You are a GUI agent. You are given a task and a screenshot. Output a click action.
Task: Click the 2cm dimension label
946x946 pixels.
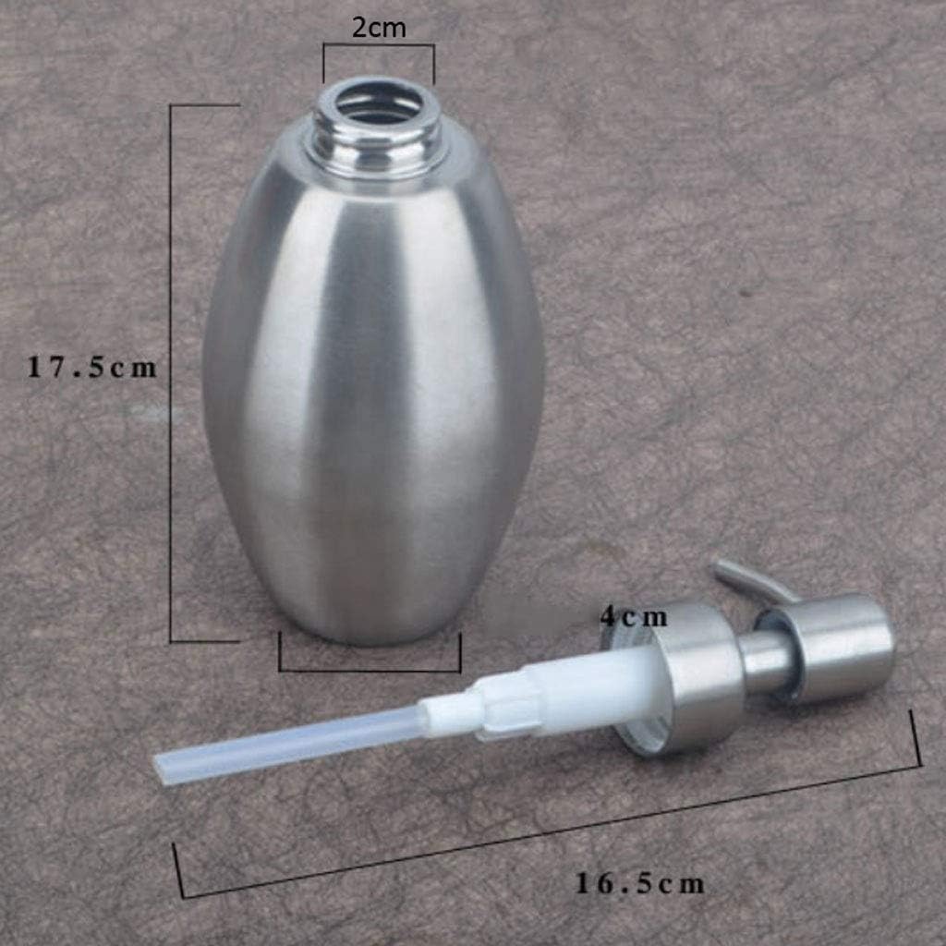[x=378, y=28]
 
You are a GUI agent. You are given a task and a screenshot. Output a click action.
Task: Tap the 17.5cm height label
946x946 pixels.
[x=91, y=368]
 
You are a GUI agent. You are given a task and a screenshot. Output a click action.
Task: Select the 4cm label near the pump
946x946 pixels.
[x=633, y=615]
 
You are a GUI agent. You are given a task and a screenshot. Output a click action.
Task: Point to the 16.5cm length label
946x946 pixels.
[x=640, y=883]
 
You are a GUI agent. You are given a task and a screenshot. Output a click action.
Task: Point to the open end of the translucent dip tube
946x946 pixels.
[x=166, y=770]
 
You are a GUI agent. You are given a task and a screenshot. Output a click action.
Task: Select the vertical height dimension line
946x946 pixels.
[x=171, y=370]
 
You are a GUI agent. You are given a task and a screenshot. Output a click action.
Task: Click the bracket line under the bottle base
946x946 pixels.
[x=370, y=671]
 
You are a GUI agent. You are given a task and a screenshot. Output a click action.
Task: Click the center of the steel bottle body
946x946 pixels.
[x=373, y=388]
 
